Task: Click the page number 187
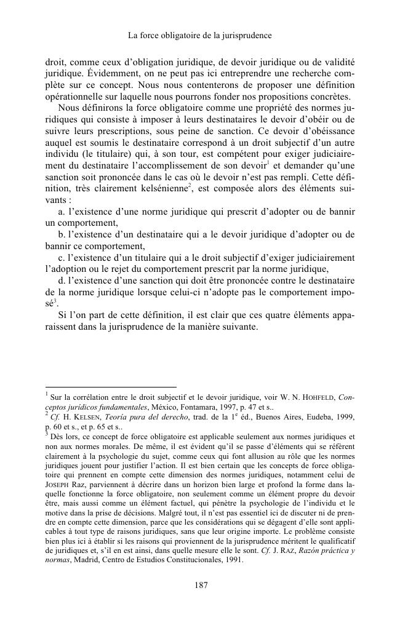(199, 585)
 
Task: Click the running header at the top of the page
(199, 36)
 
